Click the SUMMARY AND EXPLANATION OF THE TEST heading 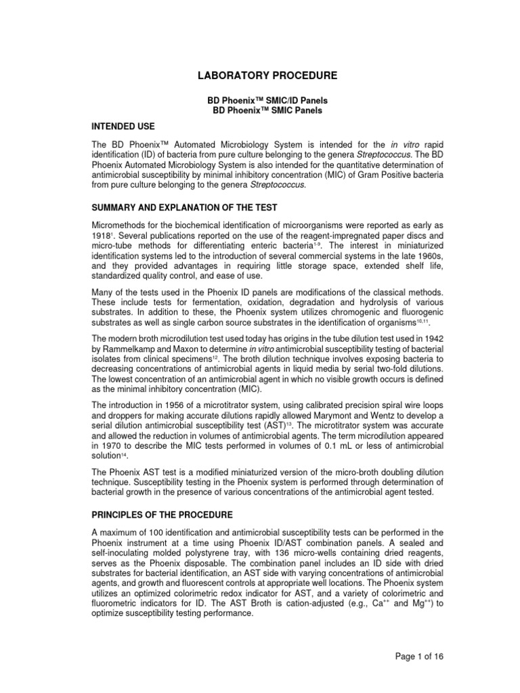pyautogui.click(x=194, y=206)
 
